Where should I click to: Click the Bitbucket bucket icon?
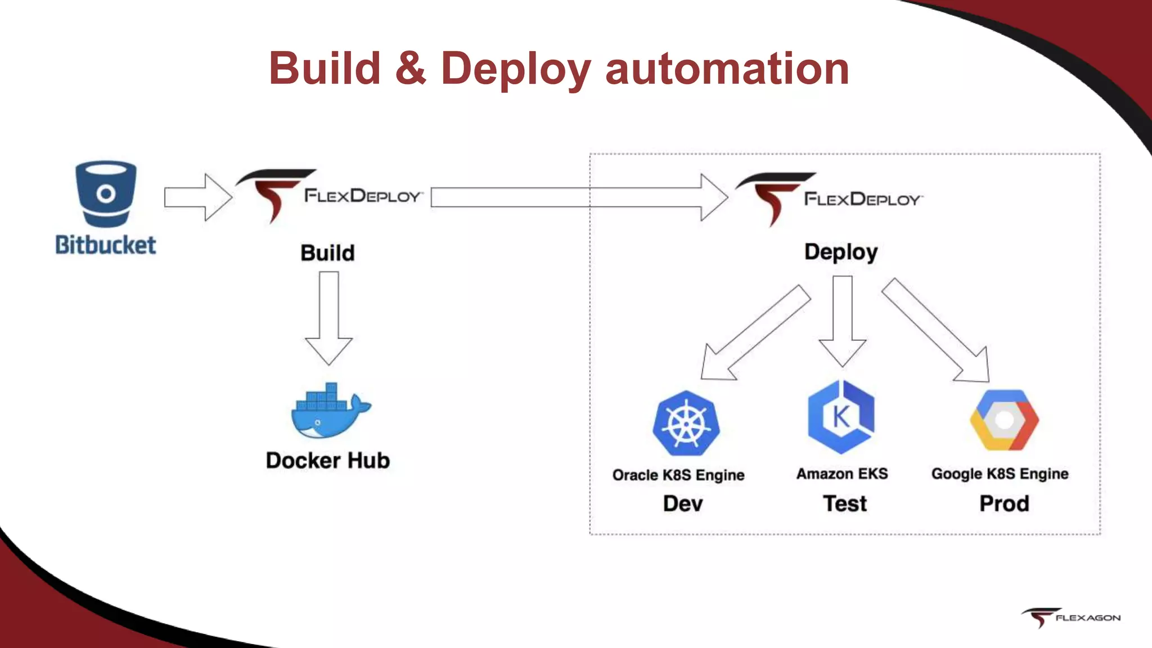pos(106,194)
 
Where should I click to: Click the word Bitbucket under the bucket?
pos(106,245)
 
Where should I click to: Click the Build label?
pos(327,253)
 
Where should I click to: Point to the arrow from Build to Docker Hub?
pos(329,318)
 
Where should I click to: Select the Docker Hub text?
pos(328,461)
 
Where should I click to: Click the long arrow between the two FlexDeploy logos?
pos(579,197)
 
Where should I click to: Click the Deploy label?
pos(841,252)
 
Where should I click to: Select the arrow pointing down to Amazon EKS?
pos(842,321)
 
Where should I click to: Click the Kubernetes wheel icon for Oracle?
pos(686,424)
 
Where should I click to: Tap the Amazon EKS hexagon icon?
pos(841,417)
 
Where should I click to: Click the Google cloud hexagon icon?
pos(1004,420)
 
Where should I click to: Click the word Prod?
pos(1004,503)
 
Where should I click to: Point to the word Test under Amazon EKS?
pos(845,503)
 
